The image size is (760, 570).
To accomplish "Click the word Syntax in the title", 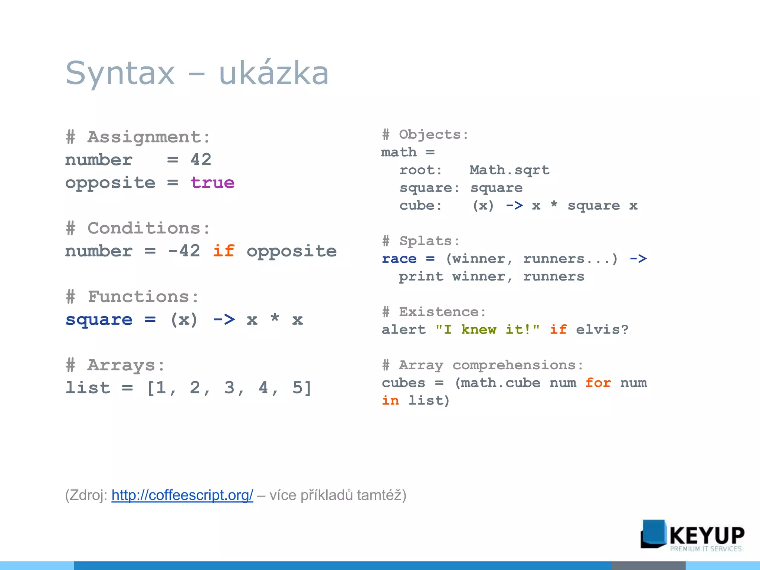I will pyautogui.click(x=120, y=73).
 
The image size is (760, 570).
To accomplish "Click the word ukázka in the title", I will pyautogui.click(x=274, y=73).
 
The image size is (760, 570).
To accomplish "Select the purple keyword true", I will pyautogui.click(x=212, y=183).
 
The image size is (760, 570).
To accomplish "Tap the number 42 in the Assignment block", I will pyautogui.click(x=201, y=160).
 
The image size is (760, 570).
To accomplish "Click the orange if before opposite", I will pyautogui.click(x=223, y=251).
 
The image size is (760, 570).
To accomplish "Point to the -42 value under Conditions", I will pyautogui.click(x=184, y=251).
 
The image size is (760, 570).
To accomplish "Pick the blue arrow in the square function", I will pyautogui.click(x=224, y=320).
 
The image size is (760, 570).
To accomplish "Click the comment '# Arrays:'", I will pyautogui.click(x=115, y=365).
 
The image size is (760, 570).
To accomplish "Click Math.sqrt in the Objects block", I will pyautogui.click(x=509, y=170).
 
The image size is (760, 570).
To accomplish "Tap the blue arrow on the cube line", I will pyautogui.click(x=514, y=205).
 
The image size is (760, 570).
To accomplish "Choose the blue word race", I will pyautogui.click(x=399, y=259).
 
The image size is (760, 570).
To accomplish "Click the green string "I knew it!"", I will pyautogui.click(x=487, y=330).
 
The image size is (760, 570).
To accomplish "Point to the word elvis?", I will pyautogui.click(x=602, y=330).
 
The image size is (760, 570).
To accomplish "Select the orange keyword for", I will pyautogui.click(x=598, y=383).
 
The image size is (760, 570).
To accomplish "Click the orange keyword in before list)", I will pyautogui.click(x=390, y=401).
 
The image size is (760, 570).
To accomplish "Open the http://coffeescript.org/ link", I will pyautogui.click(x=182, y=495).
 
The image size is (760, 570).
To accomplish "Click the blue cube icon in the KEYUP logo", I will pyautogui.click(x=653, y=534).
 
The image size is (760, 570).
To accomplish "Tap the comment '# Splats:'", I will pyautogui.click(x=421, y=241).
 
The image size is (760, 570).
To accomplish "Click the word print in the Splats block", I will pyautogui.click(x=421, y=276).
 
